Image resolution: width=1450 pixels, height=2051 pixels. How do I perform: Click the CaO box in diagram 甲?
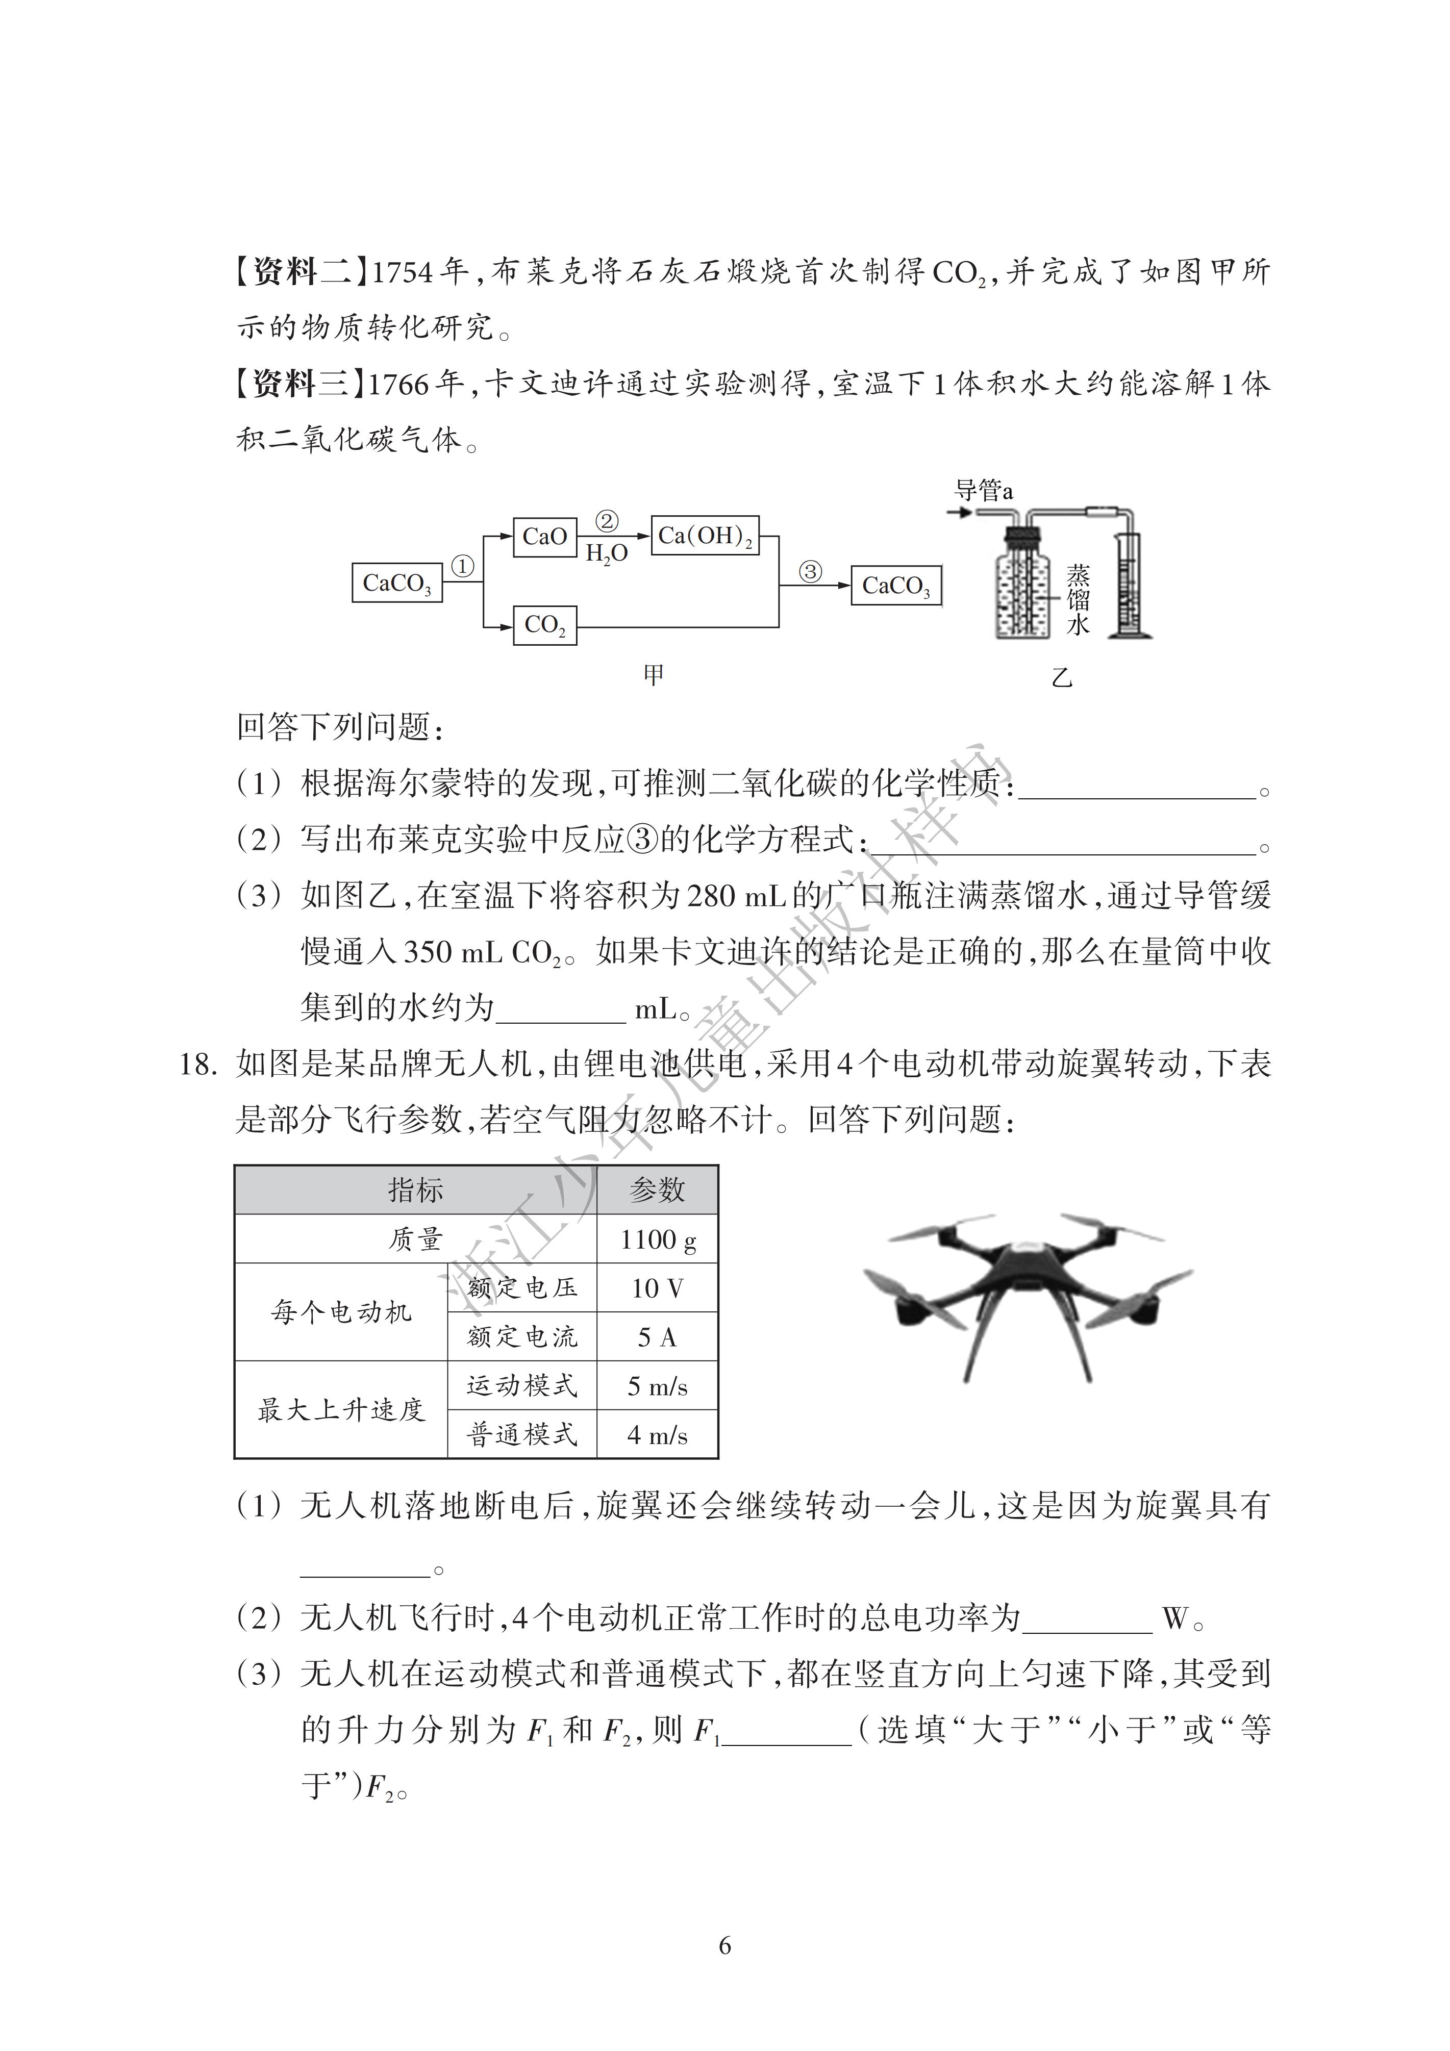coord(544,537)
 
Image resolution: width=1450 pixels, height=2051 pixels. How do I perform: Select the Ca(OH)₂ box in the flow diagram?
coord(705,536)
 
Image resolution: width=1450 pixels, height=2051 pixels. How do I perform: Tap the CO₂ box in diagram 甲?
coord(544,625)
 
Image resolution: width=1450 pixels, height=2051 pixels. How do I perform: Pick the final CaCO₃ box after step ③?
coord(895,586)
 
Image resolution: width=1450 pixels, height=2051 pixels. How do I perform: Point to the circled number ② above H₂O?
coord(607,521)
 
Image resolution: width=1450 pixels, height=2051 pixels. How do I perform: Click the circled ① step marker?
coord(462,566)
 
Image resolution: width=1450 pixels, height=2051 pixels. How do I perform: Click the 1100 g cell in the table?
coord(658,1239)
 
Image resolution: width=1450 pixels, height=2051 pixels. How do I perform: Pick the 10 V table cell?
coord(658,1288)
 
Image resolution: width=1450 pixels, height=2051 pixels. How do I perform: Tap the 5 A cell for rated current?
coord(658,1337)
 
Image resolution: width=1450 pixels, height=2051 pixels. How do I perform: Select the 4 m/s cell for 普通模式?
coord(658,1435)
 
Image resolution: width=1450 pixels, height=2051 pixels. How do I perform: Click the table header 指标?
coord(415,1190)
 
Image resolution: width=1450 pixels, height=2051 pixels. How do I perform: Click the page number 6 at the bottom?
coord(724,1945)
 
